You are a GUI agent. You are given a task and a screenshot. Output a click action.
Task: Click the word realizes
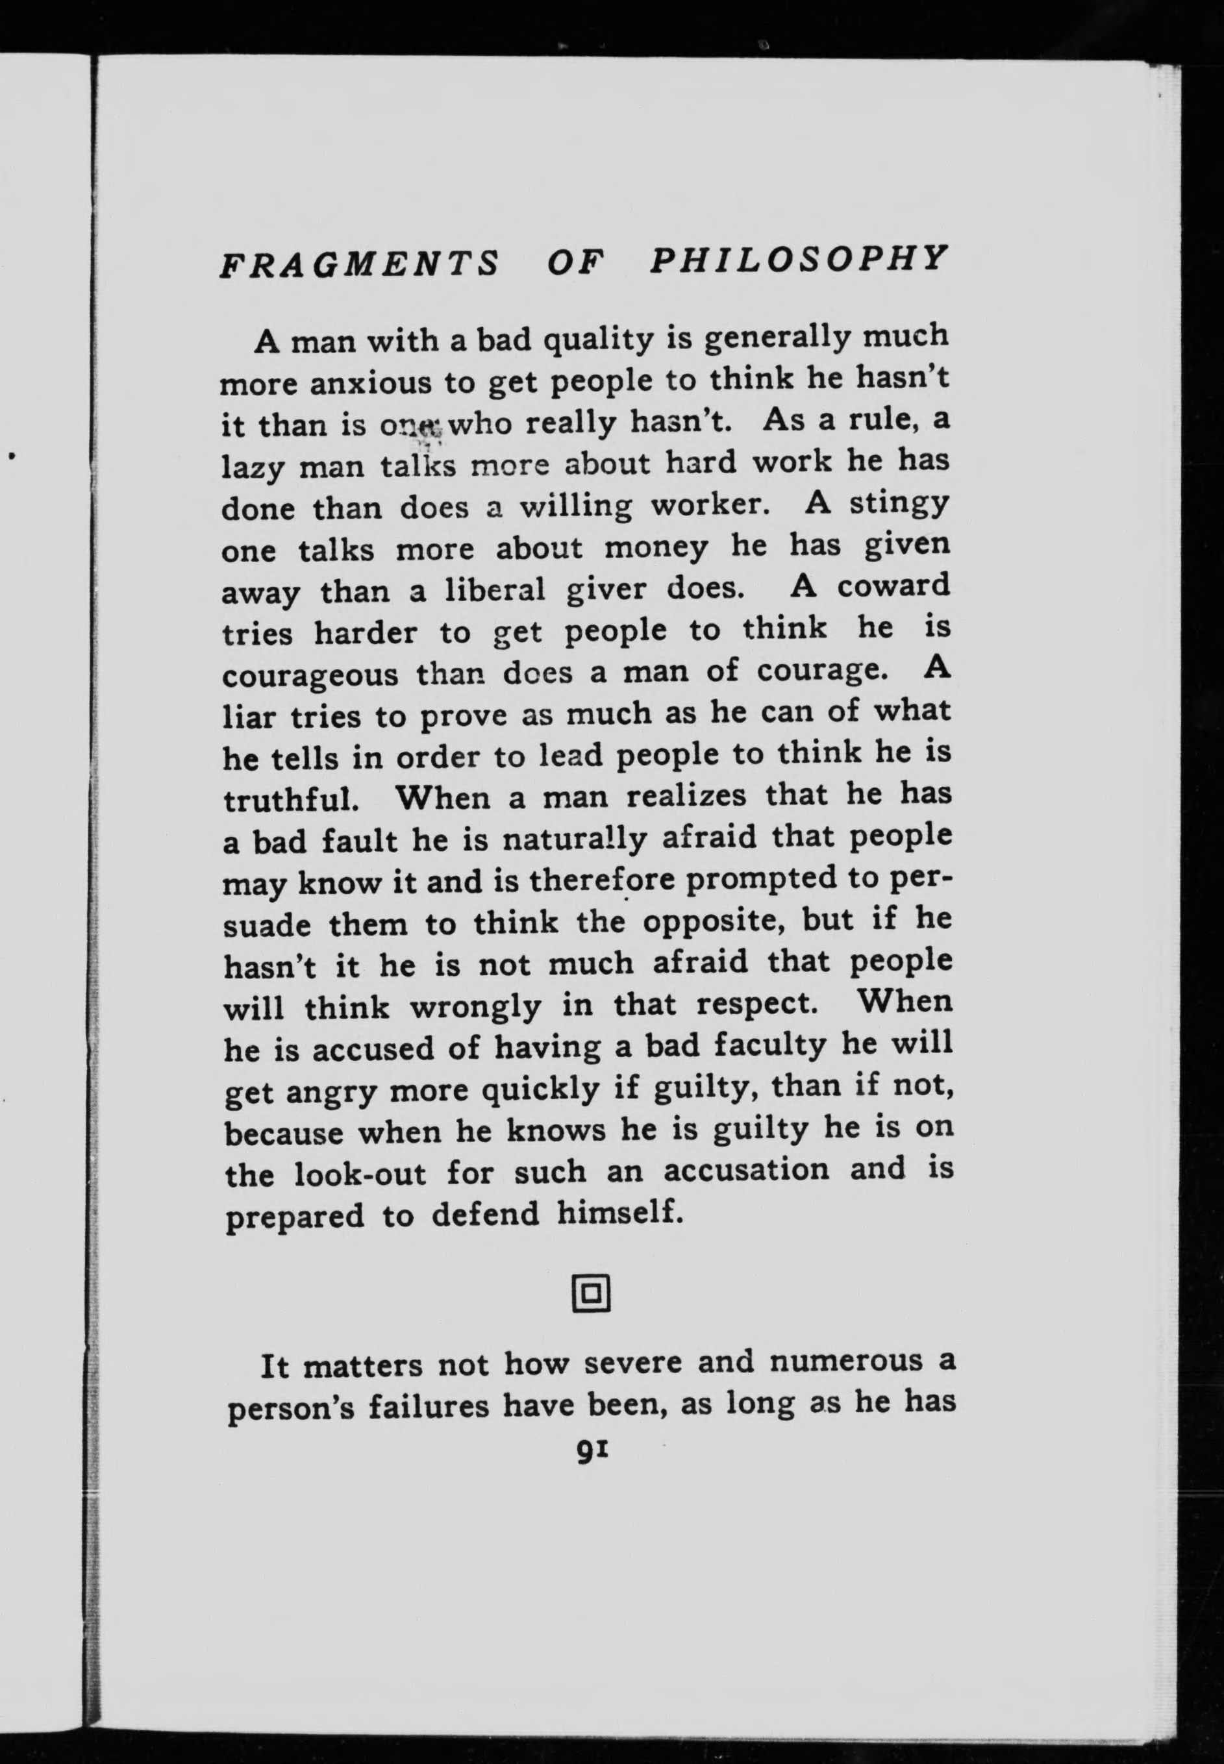[x=686, y=797]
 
